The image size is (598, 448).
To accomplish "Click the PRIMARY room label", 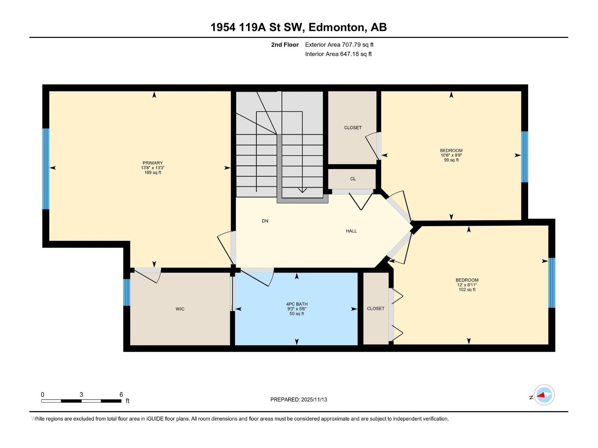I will (152, 163).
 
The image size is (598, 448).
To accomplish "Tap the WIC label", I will (180, 309).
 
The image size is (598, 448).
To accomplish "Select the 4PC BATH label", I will (297, 304).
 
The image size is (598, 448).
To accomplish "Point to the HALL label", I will (351, 231).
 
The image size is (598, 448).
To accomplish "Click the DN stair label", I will (265, 221).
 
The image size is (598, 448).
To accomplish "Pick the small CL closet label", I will (353, 179).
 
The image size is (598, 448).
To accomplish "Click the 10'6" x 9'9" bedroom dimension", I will (451, 155).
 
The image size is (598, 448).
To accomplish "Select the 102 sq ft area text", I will (467, 290).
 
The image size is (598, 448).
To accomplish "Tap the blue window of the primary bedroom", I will (46, 169).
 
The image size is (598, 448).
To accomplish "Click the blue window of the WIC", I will (127, 292).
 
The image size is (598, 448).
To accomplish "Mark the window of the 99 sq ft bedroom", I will (525, 156).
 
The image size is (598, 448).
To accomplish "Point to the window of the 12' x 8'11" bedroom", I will (552, 283).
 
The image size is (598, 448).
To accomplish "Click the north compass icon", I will (544, 395).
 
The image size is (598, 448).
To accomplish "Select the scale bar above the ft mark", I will (81, 401).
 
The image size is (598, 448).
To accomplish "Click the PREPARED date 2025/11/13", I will (299, 399).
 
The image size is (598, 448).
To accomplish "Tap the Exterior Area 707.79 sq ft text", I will (339, 45).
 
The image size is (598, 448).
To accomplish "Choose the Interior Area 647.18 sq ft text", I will (338, 54).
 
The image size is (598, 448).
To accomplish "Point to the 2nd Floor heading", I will (285, 45).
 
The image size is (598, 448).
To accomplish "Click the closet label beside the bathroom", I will (375, 309).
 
